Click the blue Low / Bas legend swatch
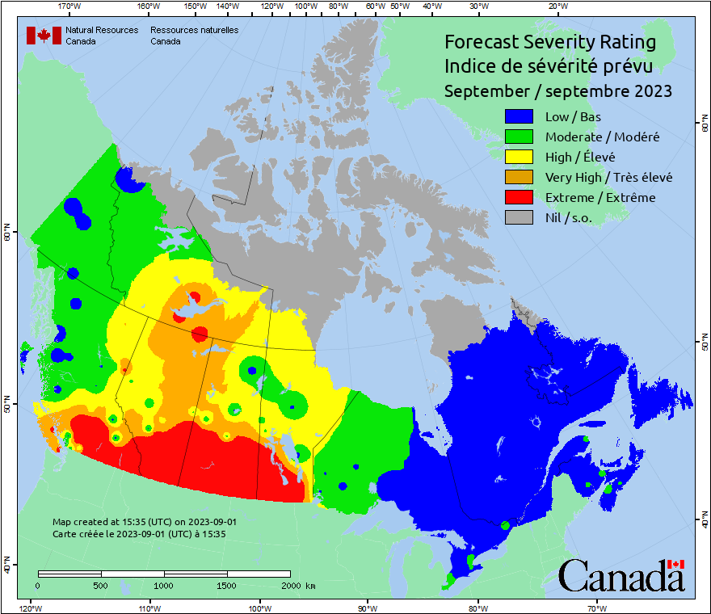pyautogui.click(x=520, y=116)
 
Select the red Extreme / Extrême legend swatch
pyautogui.click(x=520, y=197)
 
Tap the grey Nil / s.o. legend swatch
pyautogui.click(x=520, y=217)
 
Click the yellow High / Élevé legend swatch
pyautogui.click(x=520, y=157)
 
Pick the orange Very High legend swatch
pyautogui.click(x=520, y=177)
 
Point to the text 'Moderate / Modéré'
pyautogui.click(x=602, y=137)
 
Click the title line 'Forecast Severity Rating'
pyautogui.click(x=549, y=42)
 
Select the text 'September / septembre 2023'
pyautogui.click(x=557, y=91)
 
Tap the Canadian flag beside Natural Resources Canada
pyautogui.click(x=44, y=36)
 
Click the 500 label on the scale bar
pyautogui.click(x=100, y=586)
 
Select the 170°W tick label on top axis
pyautogui.click(x=70, y=6)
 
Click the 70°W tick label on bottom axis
pyautogui.click(x=596, y=608)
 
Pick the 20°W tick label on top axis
pyautogui.click(x=556, y=6)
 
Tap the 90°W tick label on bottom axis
pyautogui.click(x=368, y=608)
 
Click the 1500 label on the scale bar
pyautogui.click(x=227, y=586)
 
